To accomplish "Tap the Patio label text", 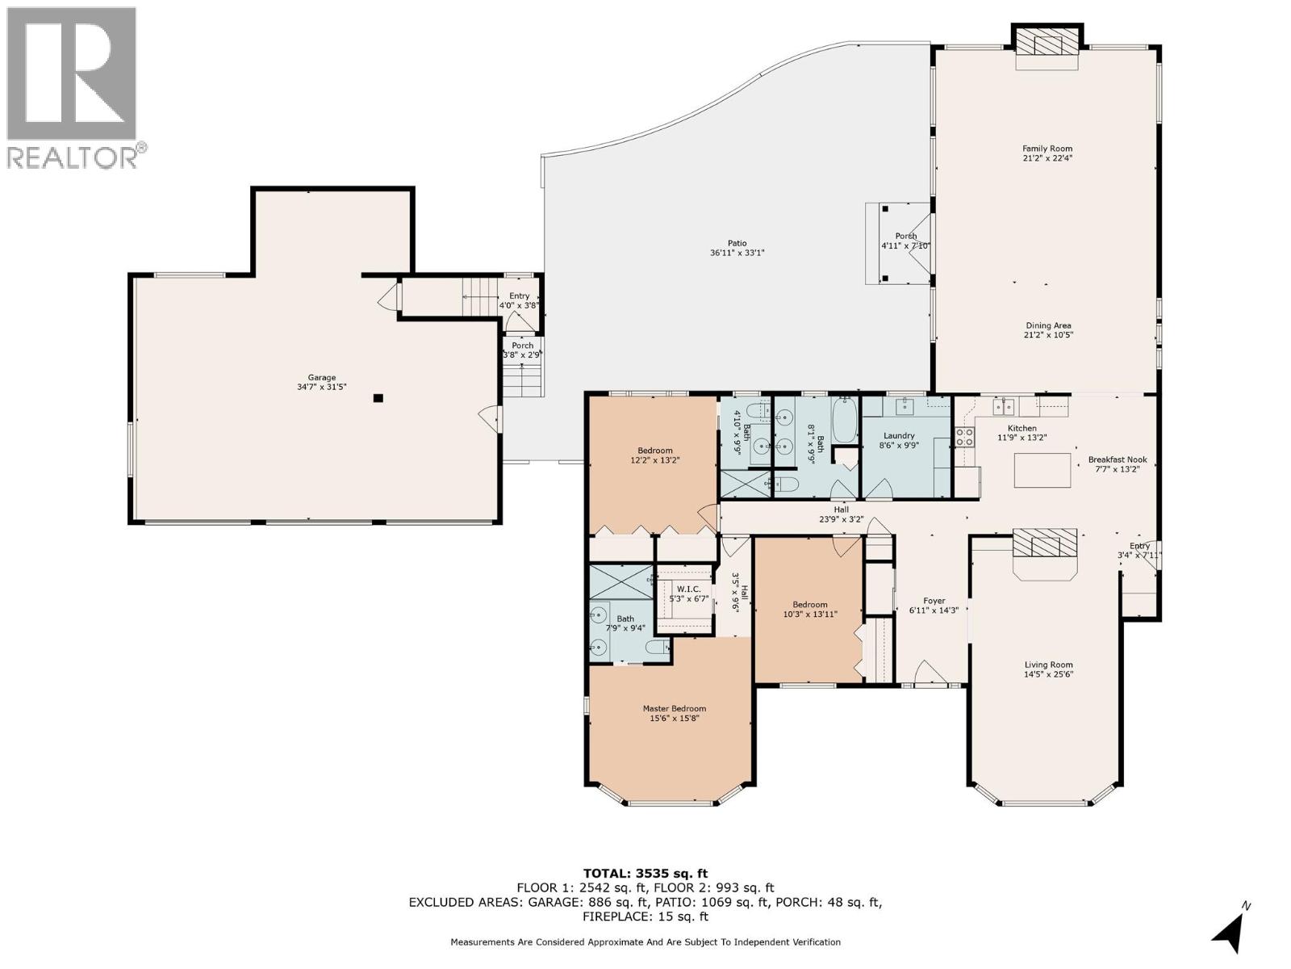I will pos(737,248).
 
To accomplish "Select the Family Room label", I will pos(1047,153).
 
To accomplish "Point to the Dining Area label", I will pos(1048,330).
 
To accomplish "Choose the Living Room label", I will pos(1048,669).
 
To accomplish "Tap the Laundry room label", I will pos(899,440).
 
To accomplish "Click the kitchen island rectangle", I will pos(1042,470).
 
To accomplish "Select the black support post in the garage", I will pos(378,398).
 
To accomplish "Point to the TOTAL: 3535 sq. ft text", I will pos(645,873).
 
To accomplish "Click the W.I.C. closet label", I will pos(688,594).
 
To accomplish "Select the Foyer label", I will pos(934,606).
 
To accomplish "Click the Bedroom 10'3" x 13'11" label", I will pos(809,610).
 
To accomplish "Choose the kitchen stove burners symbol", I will pos(964,437).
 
